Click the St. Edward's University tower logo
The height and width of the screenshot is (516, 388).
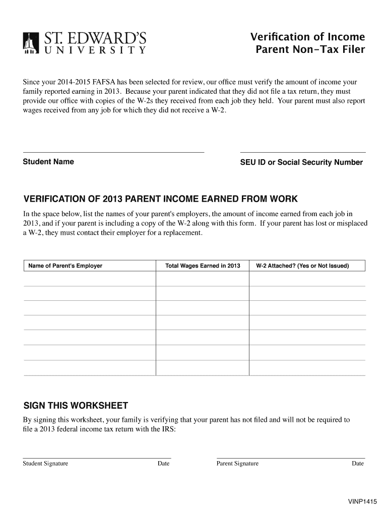tap(31, 43)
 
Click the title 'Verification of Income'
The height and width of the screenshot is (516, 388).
tap(307, 37)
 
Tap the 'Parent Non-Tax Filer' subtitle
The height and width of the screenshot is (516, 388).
tap(310, 50)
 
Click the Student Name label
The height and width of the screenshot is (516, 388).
tap(48, 162)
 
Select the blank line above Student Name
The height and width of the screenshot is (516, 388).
tap(113, 151)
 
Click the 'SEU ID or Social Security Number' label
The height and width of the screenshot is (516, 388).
tap(301, 162)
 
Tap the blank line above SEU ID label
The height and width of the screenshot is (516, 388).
tap(303, 151)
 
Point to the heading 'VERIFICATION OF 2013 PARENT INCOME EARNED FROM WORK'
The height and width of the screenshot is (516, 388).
tap(161, 198)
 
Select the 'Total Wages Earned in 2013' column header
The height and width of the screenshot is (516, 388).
tap(203, 266)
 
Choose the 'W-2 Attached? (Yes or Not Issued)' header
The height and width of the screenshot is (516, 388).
tap(302, 266)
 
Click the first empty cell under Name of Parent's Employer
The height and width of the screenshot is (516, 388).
tap(90, 279)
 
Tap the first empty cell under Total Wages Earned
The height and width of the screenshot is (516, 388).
tap(203, 279)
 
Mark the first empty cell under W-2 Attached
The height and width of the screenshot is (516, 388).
tap(307, 279)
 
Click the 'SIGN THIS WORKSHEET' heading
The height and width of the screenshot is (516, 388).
tap(76, 406)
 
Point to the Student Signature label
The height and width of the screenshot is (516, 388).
tap(45, 464)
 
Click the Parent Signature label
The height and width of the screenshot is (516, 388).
tap(237, 464)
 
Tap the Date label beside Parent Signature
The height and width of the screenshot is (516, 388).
tap(358, 464)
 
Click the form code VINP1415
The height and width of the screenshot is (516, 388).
tap(362, 502)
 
